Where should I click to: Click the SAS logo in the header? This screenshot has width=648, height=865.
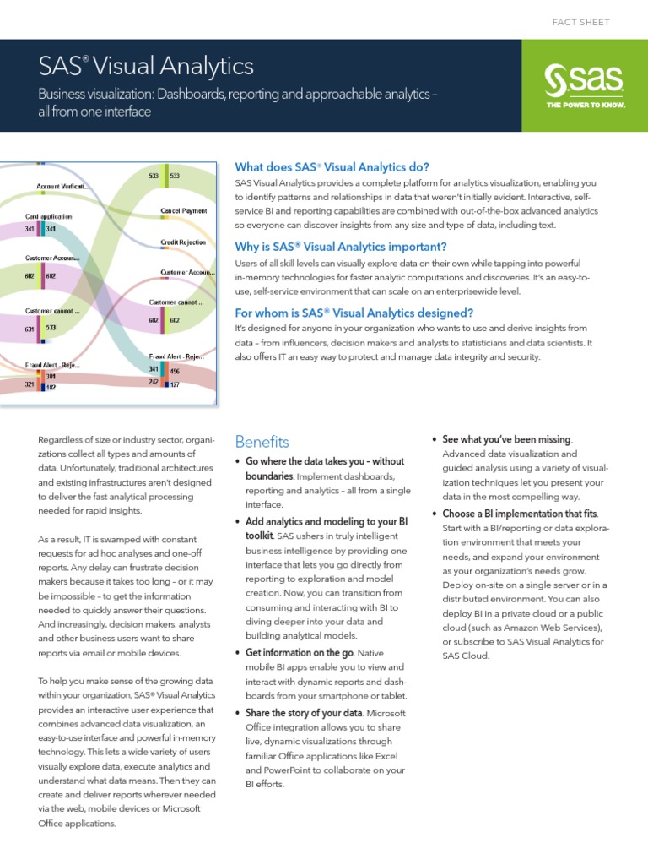pyautogui.click(x=583, y=81)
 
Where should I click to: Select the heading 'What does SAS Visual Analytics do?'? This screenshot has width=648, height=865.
pyautogui.click(x=332, y=166)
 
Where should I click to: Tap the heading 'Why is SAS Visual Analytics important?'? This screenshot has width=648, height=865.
pyautogui.click(x=341, y=247)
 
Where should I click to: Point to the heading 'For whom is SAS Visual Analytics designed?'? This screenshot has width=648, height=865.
pyautogui.click(x=354, y=311)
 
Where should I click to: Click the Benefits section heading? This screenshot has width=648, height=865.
pyautogui.click(x=262, y=442)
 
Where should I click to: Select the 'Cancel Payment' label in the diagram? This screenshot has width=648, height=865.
pyautogui.click(x=184, y=210)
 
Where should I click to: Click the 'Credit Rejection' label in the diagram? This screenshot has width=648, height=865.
pyautogui.click(x=184, y=242)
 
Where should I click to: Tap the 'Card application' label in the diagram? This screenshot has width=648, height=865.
pyautogui.click(x=48, y=216)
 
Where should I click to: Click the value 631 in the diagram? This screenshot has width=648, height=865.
pyautogui.click(x=30, y=329)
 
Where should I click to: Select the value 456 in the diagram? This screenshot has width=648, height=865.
pyautogui.click(x=175, y=371)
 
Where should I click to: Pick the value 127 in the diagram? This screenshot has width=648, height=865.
pyautogui.click(x=175, y=384)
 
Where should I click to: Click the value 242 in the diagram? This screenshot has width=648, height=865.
pyautogui.click(x=154, y=381)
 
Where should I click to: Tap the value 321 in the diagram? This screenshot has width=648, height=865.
pyautogui.click(x=30, y=384)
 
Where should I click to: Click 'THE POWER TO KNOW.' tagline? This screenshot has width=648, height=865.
pyautogui.click(x=583, y=106)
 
